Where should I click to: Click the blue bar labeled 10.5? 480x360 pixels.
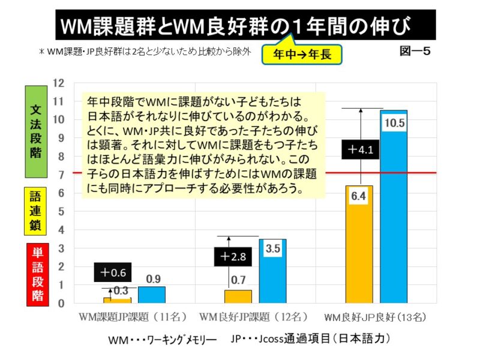393,210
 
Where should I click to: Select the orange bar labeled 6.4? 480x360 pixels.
359,246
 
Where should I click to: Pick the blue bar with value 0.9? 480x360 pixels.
152,295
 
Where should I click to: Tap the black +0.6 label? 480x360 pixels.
113,272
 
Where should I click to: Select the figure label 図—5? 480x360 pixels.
415,52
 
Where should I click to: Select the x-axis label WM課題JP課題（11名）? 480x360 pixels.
133,316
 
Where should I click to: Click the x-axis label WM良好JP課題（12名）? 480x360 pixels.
254,316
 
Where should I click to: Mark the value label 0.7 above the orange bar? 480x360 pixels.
239,280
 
